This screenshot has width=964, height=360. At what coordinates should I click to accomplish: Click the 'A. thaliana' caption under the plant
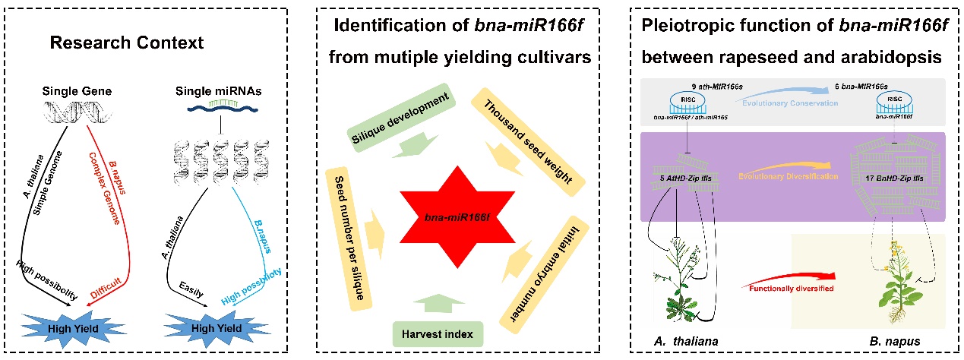687,341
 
